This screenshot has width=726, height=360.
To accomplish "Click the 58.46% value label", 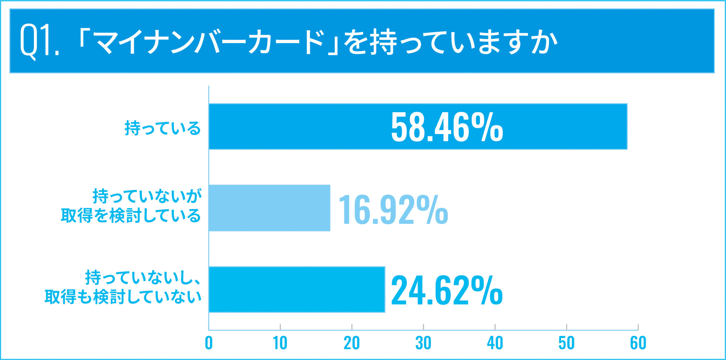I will pyautogui.click(x=447, y=127).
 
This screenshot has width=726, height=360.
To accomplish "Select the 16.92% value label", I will pyautogui.click(x=393, y=210).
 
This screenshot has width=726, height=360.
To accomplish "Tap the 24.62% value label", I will pyautogui.click(x=446, y=291).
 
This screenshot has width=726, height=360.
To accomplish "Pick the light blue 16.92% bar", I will pyautogui.click(x=269, y=208).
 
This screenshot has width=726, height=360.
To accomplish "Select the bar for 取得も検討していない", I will pyautogui.click(x=297, y=289).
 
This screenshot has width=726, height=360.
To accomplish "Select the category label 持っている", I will pyautogui.click(x=162, y=128).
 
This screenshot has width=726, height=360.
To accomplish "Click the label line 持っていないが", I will pyautogui.click(x=147, y=196).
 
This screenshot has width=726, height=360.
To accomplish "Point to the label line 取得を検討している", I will pyautogui.click(x=131, y=216).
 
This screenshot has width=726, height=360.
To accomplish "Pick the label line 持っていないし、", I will pyautogui.click(x=143, y=278).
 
